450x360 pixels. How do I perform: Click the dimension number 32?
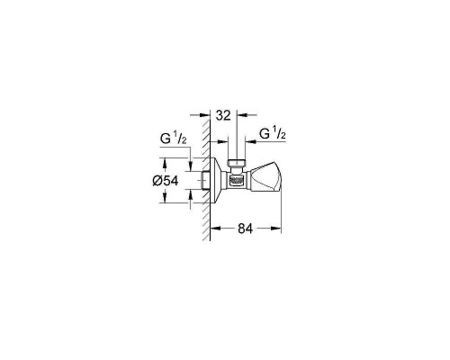pos(224,116)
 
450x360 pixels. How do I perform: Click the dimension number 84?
pos(245,229)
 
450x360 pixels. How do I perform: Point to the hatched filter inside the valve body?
pos(238,180)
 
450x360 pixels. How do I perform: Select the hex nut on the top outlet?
pos(238,162)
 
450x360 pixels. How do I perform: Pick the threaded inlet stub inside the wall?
pos(200,180)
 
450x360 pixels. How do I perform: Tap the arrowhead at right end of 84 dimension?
pos(281,229)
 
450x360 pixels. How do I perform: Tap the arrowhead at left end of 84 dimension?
pos(214,229)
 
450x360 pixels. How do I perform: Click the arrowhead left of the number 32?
pos(206,116)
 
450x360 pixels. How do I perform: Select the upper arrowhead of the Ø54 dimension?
pos(165,162)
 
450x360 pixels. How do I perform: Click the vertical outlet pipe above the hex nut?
pos(238,147)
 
